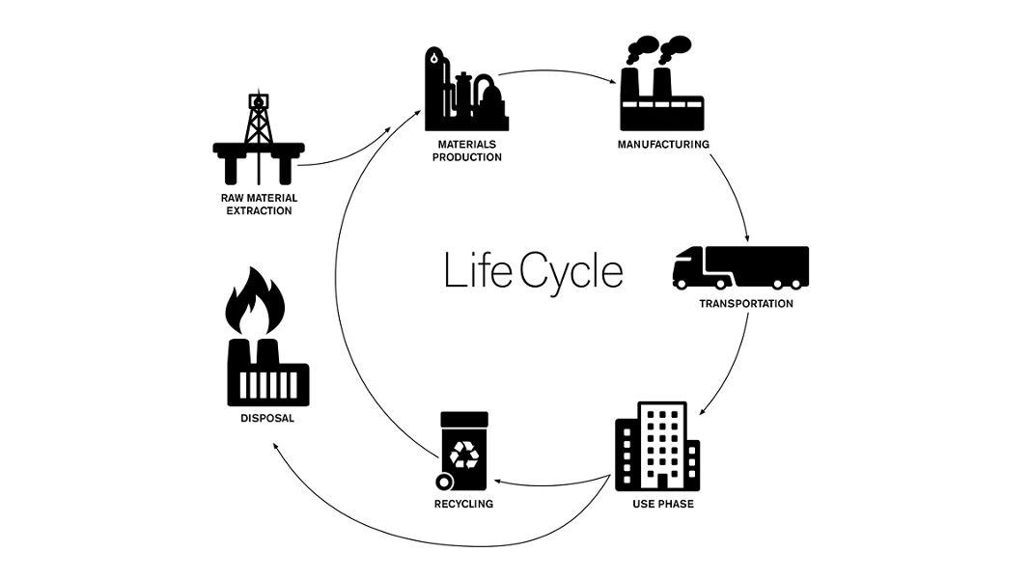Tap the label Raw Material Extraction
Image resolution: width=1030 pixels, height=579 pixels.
tap(258, 204)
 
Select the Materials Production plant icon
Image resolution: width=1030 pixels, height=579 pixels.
tap(466, 91)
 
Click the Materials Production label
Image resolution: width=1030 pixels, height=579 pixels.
tap(466, 151)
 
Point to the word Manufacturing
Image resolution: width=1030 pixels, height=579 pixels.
tap(663, 145)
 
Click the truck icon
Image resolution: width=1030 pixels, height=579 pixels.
tap(739, 267)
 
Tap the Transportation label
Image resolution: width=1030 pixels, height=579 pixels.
tap(746, 304)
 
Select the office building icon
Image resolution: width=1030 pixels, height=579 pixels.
tap(657, 446)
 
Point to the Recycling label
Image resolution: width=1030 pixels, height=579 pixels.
tap(463, 504)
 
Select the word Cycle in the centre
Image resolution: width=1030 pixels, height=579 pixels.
tap(571, 273)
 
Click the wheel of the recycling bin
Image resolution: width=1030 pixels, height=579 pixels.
tap(444, 482)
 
